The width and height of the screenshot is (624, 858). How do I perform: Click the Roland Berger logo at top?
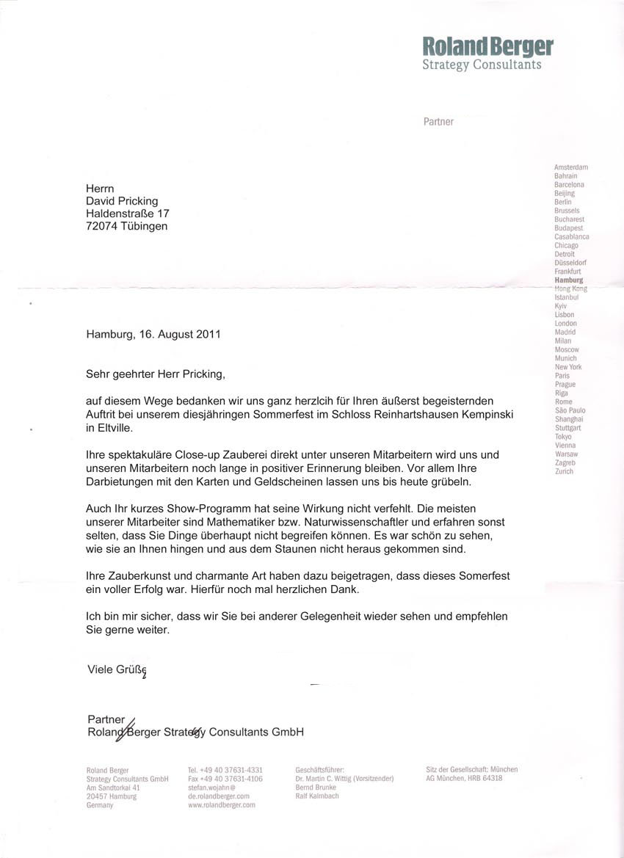[487, 53]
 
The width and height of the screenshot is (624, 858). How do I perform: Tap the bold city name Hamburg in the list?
[569, 280]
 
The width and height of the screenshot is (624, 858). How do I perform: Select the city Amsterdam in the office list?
[571, 167]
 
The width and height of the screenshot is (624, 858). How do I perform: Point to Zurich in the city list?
[565, 471]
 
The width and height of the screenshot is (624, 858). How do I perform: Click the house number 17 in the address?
[161, 214]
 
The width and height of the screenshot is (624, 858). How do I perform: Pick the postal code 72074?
[102, 226]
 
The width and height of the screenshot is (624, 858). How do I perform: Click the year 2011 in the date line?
[208, 334]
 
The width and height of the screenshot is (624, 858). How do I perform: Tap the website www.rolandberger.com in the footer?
[222, 805]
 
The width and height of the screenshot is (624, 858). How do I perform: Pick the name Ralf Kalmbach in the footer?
[317, 796]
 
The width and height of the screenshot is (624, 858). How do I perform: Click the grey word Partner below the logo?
[438, 122]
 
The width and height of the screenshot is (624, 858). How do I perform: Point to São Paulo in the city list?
[570, 410]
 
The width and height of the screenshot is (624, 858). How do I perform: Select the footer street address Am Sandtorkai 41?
[113, 788]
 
